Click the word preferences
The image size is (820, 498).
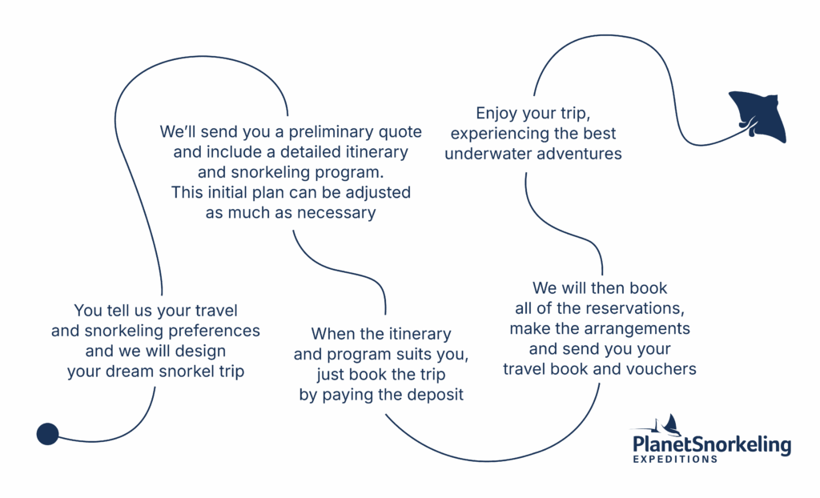pos(211,331)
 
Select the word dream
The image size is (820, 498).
pos(129,372)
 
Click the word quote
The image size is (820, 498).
pos(400,131)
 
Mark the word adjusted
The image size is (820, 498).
pos(376,193)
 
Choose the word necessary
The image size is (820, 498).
pos(336,213)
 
